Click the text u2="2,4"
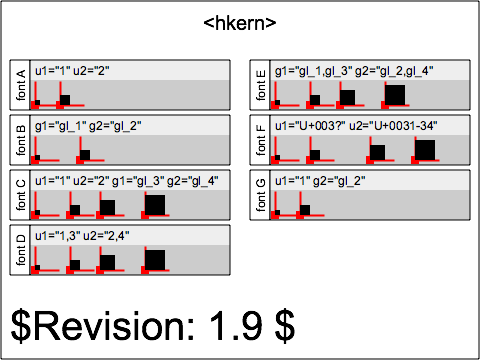pyautogui.click(x=108, y=235)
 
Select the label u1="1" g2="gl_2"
pyautogui.click(x=320, y=181)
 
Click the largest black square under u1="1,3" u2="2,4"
pyautogui.click(x=155, y=259)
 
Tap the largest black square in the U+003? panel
pyautogui.click(x=425, y=150)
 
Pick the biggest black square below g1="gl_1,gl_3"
pyautogui.click(x=395, y=95)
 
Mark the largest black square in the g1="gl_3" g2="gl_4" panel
pyautogui.click(x=155, y=205)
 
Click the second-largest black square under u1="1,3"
pyautogui.click(x=107, y=261)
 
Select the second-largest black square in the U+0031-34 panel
pyautogui.click(x=378, y=152)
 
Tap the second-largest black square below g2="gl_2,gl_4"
pyautogui.click(x=348, y=97)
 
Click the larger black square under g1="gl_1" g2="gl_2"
pyautogui.click(x=85, y=154)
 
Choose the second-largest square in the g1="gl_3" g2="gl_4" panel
pyautogui.click(x=107, y=207)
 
